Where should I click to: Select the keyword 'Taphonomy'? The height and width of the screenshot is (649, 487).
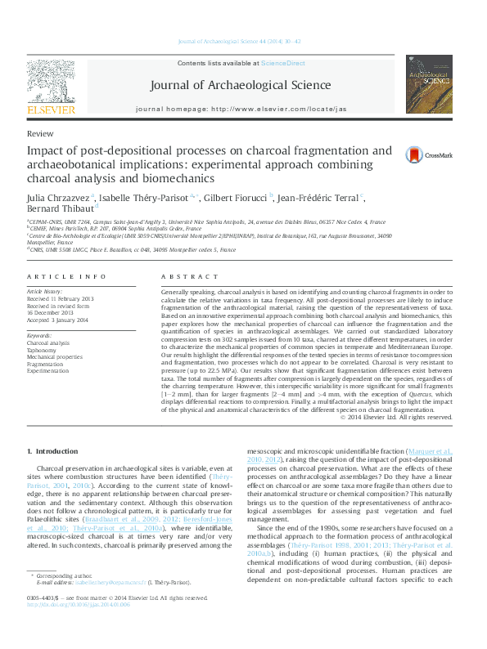[43, 350]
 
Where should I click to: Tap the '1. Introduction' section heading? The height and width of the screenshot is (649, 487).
[53, 451]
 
